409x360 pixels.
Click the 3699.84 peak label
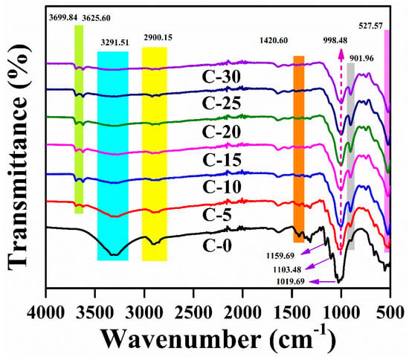tap(63, 18)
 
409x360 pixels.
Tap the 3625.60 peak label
tap(96, 18)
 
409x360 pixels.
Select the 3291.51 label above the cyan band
tap(115, 42)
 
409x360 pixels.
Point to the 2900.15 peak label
tap(158, 38)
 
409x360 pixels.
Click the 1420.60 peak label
tap(274, 40)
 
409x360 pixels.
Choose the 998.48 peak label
tap(335, 41)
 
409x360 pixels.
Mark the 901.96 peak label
tap(361, 59)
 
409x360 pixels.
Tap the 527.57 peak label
tap(370, 26)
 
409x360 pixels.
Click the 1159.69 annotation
tap(280, 256)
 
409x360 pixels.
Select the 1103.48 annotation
tap(287, 269)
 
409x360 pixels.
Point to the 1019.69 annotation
tap(291, 282)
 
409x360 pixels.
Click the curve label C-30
tap(222, 77)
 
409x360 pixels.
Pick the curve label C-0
tap(217, 245)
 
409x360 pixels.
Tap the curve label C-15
tap(222, 160)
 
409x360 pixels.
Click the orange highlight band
tap(299, 150)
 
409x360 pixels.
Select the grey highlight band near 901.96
tap(351, 156)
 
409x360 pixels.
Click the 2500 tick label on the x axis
tap(193, 312)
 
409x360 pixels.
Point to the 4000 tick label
tap(46, 312)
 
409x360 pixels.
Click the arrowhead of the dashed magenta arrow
tap(341, 52)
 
